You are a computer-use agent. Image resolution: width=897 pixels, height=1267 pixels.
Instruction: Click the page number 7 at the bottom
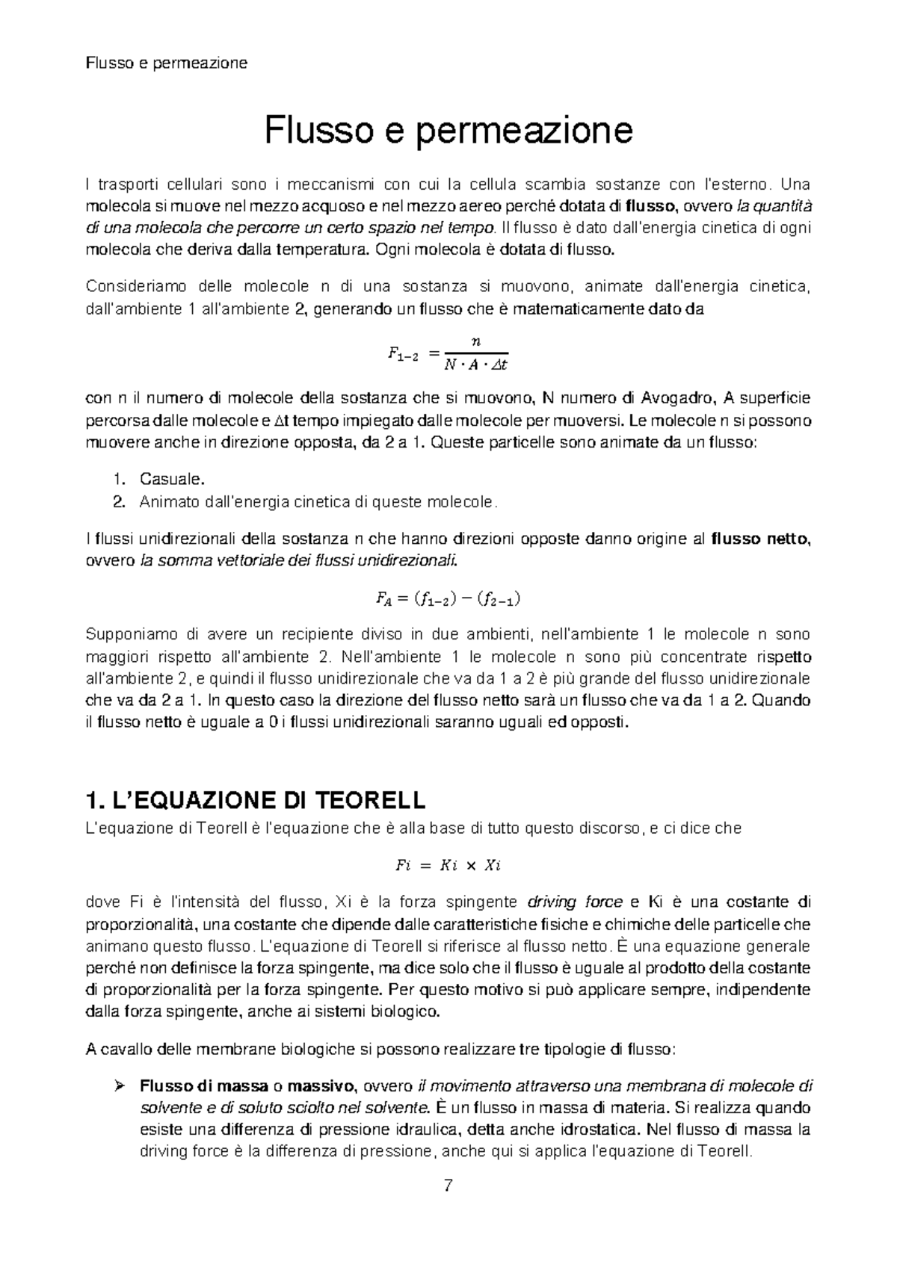tap(448, 1186)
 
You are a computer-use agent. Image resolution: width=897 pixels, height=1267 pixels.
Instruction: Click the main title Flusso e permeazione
tap(449, 131)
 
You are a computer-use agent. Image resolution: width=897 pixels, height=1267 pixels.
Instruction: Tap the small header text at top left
tap(167, 63)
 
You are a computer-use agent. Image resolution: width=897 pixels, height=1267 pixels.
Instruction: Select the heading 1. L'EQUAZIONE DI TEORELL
tap(256, 801)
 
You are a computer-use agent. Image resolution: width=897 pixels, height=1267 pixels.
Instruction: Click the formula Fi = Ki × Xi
tap(448, 866)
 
